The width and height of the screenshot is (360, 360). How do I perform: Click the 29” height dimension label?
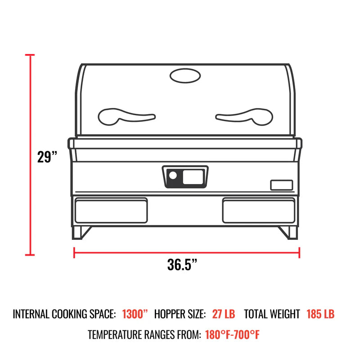pos(48,157)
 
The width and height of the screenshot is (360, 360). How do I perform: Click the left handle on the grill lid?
pos(126,116)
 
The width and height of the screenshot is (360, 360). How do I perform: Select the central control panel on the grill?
pos(185,176)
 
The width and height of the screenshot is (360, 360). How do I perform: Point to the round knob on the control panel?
pos(172,176)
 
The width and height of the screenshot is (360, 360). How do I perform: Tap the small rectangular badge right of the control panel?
pos(281,185)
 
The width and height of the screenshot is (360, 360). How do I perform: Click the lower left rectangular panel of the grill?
pos(111,211)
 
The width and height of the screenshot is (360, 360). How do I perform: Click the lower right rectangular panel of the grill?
pos(259,211)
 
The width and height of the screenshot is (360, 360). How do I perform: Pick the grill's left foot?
pos(81,232)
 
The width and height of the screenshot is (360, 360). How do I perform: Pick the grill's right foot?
pos(288,232)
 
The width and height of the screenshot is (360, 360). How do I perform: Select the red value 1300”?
pos(135,314)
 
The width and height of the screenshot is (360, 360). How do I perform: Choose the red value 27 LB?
pos(223,314)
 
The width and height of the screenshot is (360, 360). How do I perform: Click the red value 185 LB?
pos(320,314)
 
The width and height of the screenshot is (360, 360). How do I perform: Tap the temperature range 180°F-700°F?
pos(232,335)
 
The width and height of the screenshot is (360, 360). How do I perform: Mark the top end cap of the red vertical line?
pos(30,55)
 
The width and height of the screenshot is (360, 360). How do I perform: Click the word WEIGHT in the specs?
pos(284,314)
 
